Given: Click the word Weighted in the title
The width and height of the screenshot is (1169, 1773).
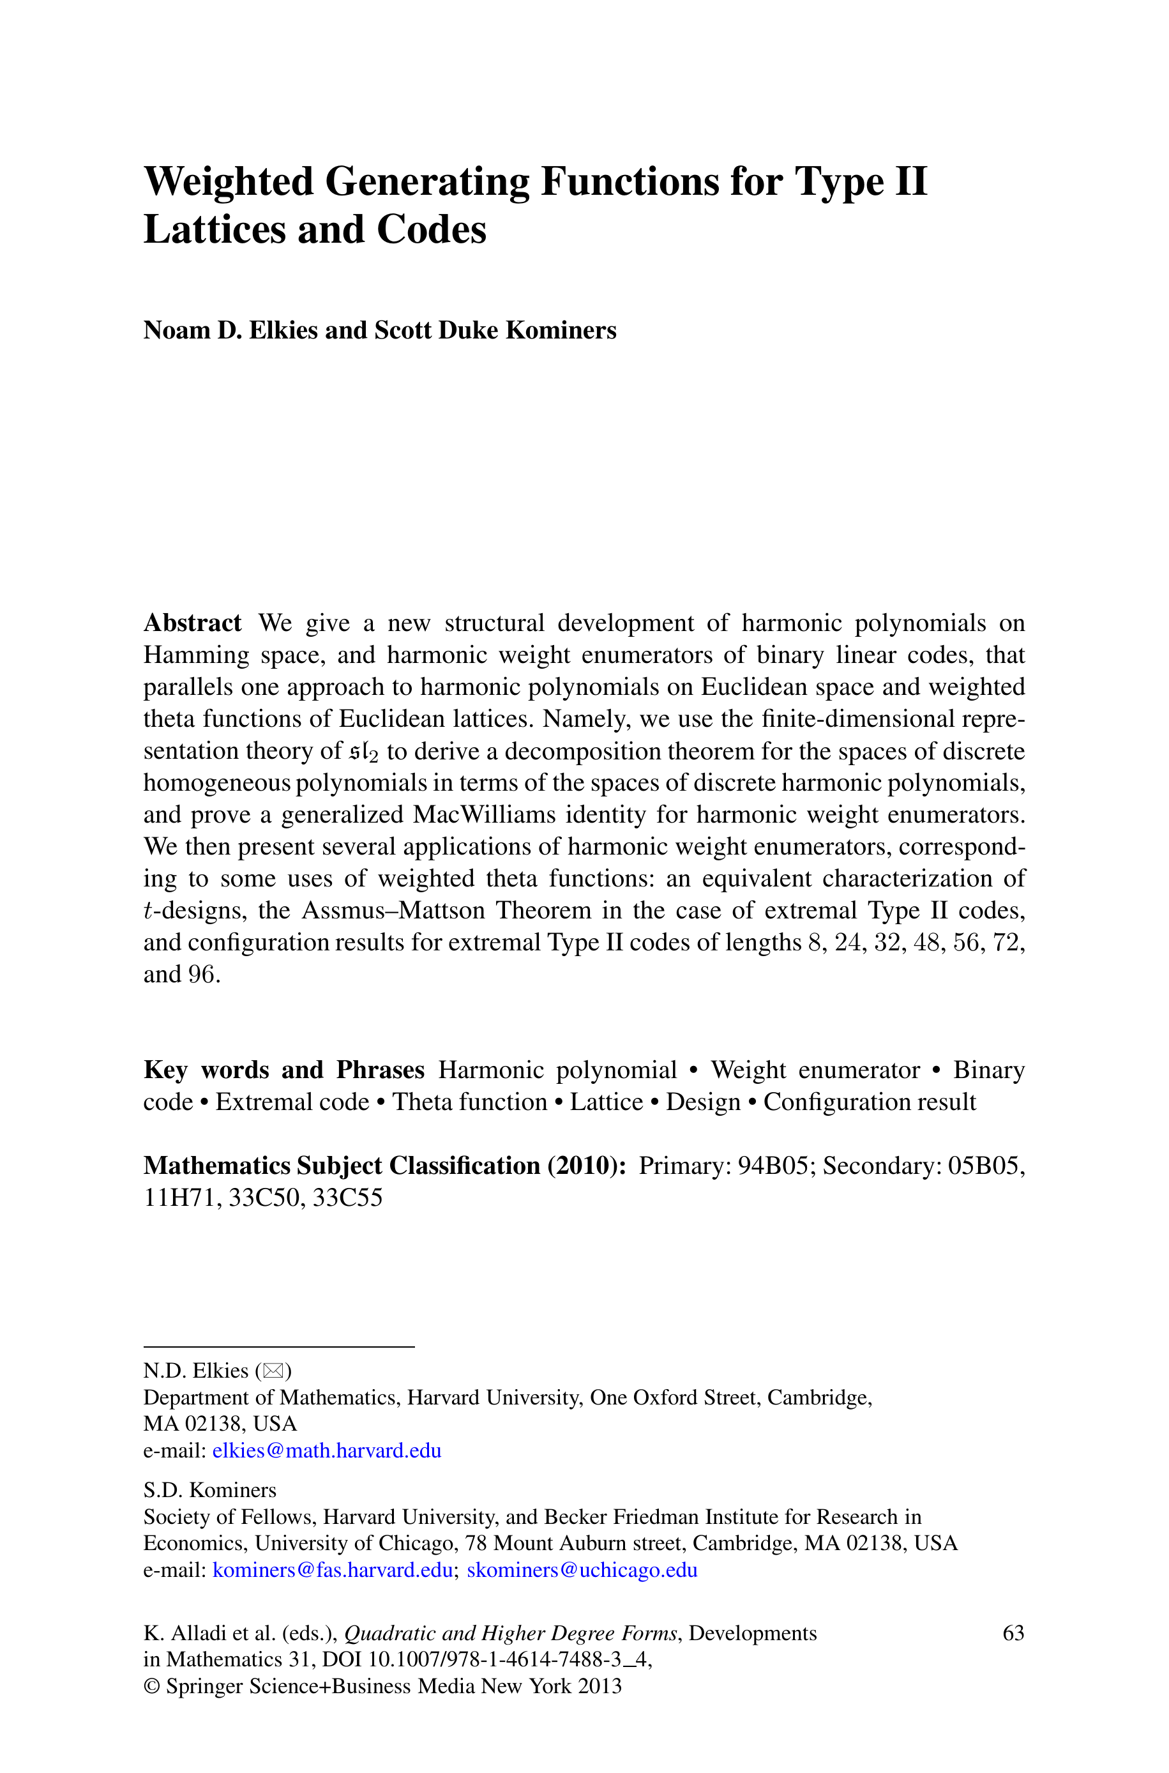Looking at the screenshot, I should click(228, 182).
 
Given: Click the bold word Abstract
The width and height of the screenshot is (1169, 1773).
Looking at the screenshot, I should click(192, 623).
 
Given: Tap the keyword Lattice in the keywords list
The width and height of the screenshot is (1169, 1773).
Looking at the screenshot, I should click(606, 1102).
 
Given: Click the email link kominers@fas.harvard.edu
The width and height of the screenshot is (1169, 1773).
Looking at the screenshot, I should click(333, 1569).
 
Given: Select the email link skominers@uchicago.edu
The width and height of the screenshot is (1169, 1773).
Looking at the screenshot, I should click(582, 1569).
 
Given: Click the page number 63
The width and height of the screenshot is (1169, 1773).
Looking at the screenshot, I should click(1013, 1633).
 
